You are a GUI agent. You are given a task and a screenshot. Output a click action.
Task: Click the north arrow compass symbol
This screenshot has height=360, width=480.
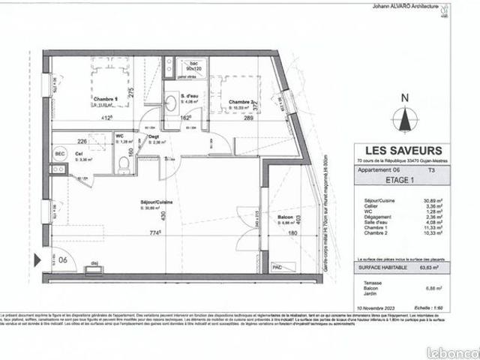click(x=405, y=117)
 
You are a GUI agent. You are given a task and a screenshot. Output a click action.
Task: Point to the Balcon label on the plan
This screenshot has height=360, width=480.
click(x=286, y=217)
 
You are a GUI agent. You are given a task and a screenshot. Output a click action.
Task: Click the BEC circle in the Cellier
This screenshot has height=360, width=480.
click(x=59, y=153)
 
